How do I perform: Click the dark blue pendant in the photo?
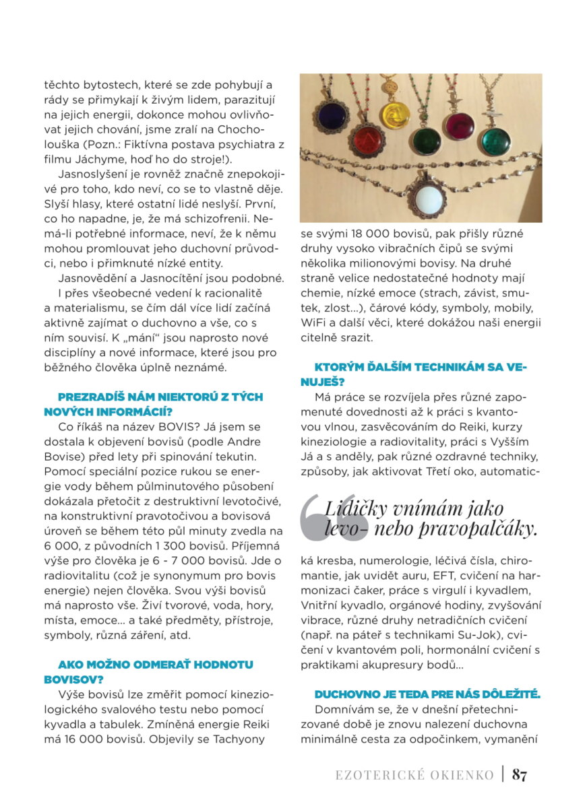click(330, 116)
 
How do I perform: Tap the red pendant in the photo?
click(366, 142)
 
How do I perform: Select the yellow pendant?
click(395, 116)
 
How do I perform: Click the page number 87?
click(520, 774)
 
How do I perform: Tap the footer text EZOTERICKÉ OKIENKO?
click(414, 775)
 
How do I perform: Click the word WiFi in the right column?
click(315, 323)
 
